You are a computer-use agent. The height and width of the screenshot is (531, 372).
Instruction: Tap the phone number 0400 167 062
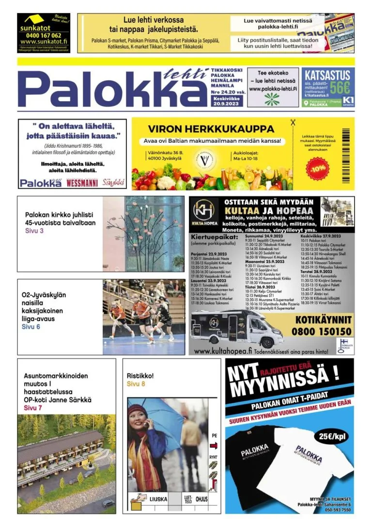coord(44,35)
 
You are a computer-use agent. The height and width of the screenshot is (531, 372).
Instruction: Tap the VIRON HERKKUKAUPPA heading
coord(211,129)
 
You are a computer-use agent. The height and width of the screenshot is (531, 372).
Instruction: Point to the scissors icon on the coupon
coord(293,123)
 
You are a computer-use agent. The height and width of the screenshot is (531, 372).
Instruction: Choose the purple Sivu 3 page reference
coord(34,231)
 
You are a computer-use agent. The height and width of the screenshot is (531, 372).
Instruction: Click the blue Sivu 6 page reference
coord(31,327)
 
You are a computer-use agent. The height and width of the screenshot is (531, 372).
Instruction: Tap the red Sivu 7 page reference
coord(33,408)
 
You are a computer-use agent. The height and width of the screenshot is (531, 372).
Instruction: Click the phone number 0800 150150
coord(321,332)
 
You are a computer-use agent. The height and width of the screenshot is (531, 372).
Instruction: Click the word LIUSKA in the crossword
coord(159,499)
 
